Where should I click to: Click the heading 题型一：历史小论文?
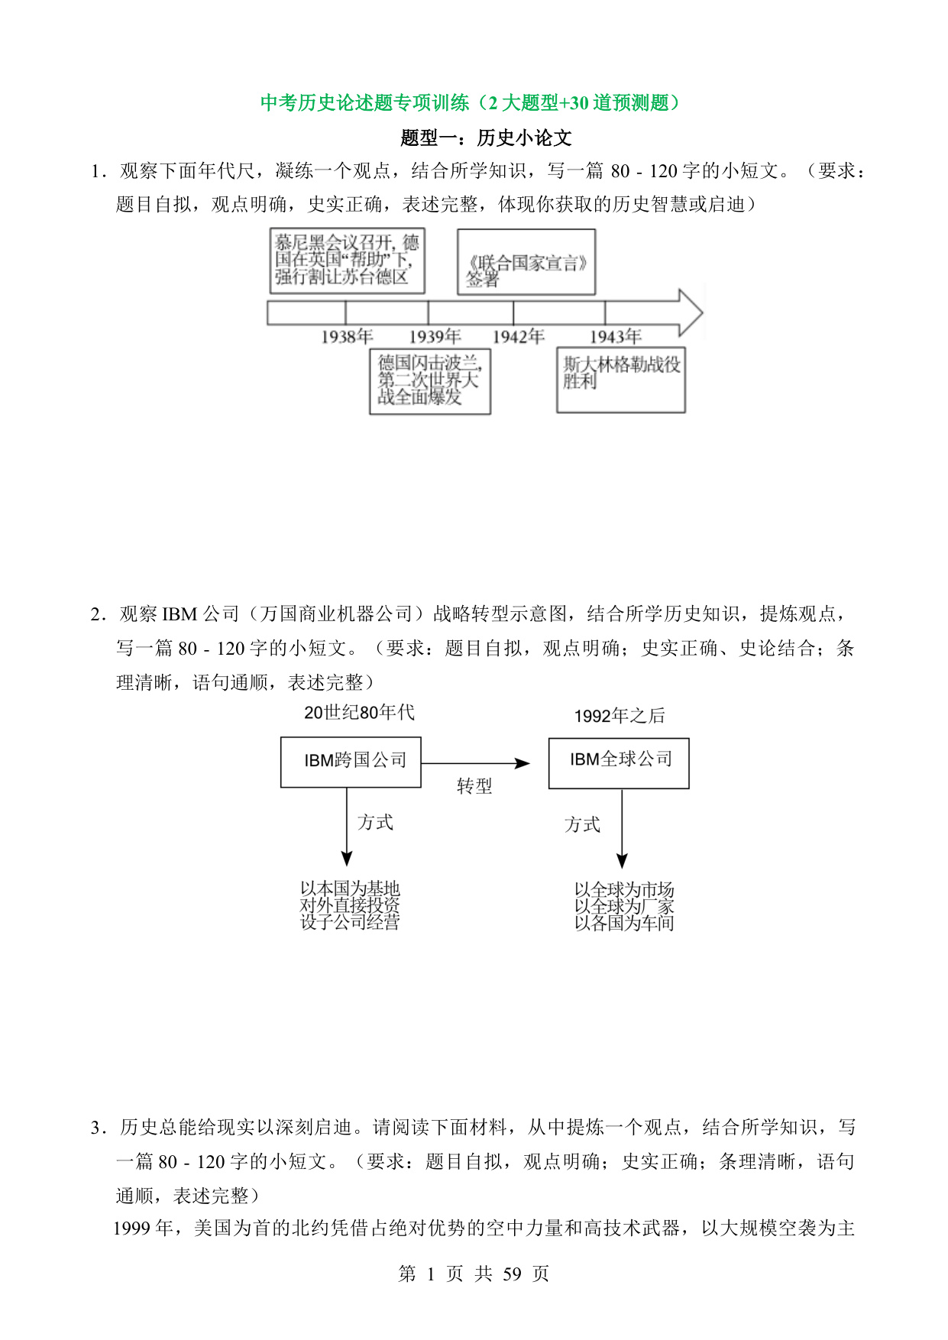(486, 138)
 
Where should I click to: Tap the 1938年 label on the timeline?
(347, 336)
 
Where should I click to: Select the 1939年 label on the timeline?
(435, 336)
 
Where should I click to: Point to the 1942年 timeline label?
(519, 336)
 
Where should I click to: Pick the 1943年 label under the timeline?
(615, 336)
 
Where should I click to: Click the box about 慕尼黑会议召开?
(348, 261)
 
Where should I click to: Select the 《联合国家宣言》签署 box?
(526, 262)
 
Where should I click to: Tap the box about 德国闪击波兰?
(430, 381)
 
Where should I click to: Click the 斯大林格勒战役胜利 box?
(621, 380)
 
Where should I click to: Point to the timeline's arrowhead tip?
(703, 312)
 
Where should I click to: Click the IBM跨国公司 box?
(351, 762)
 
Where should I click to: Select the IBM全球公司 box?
(619, 763)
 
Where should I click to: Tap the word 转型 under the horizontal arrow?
(474, 786)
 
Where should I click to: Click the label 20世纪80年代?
(359, 713)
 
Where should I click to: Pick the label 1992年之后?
(620, 716)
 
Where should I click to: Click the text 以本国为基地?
(350, 888)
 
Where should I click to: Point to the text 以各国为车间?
(624, 923)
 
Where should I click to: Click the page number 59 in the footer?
(513, 1274)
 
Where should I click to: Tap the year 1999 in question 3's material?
(132, 1228)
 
